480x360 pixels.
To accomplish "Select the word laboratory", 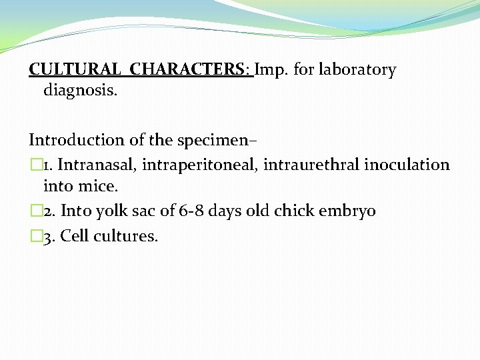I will click(357, 69).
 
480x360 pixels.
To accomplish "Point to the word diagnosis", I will click(80, 90).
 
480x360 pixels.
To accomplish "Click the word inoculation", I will click(407, 164).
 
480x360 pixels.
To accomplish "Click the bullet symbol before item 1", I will click(35, 165).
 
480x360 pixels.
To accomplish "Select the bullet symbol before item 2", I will click(35, 211).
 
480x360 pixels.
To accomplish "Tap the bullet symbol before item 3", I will click(35, 235).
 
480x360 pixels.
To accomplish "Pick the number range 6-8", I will click(194, 211).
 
